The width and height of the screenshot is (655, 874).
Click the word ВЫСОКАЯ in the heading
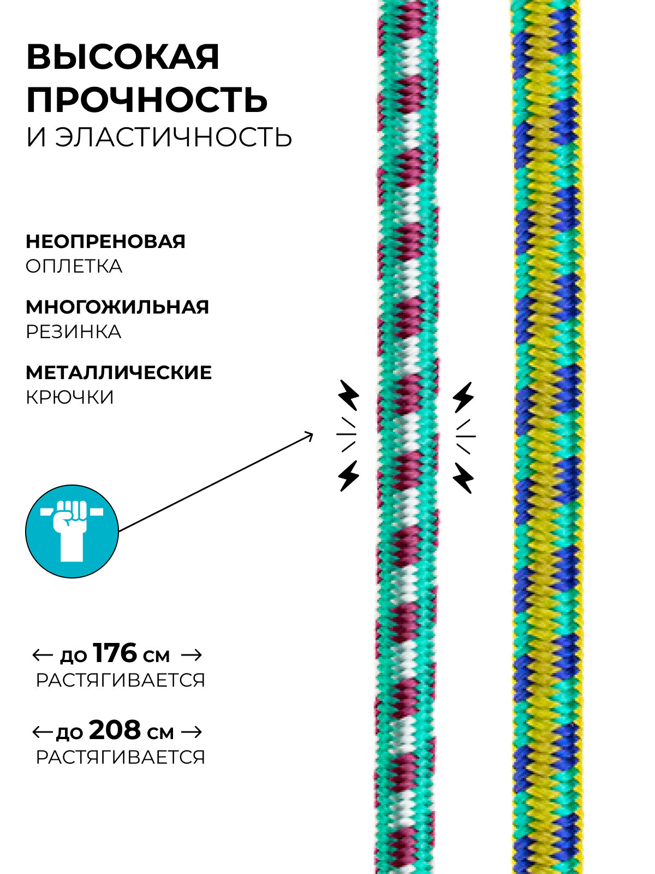point(123,57)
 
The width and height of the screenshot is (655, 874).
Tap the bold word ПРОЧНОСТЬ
point(147,99)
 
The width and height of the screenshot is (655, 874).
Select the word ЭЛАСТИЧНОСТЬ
point(174,137)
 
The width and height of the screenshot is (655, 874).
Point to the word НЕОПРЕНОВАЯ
point(105,241)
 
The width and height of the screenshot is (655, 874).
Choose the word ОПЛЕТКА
point(74,267)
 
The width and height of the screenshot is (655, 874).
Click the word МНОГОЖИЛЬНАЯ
point(117,306)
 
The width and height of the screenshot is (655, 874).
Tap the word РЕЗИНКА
point(73,332)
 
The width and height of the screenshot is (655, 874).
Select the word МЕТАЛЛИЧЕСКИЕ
point(118,372)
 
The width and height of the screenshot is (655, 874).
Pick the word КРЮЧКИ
point(70,397)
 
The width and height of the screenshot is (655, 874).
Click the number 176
point(115,653)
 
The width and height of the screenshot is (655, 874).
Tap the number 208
point(115,730)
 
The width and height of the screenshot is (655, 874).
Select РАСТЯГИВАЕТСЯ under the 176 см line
point(120,681)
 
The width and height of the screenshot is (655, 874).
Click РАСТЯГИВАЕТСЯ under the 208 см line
point(120,757)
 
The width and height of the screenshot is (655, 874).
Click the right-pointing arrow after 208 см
point(191,731)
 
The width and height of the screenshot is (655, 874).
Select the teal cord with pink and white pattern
point(407,437)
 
